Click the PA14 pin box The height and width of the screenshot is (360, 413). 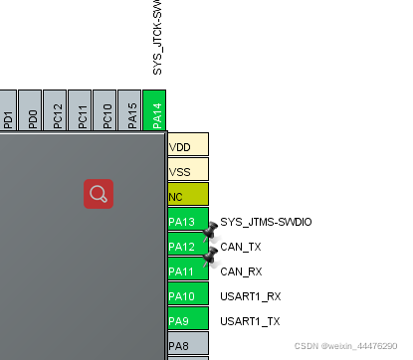(155, 110)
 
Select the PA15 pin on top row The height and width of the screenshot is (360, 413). (130, 110)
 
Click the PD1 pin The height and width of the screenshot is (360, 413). (8, 110)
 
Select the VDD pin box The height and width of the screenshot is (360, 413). (187, 145)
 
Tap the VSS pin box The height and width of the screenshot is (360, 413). (187, 170)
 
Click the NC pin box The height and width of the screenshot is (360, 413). (187, 195)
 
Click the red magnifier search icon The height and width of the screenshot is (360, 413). (98, 193)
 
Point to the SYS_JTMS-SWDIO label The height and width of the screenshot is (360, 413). (266, 221)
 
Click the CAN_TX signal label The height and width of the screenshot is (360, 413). (241, 246)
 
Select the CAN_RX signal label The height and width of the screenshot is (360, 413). (241, 270)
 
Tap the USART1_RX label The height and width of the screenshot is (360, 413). (250, 295)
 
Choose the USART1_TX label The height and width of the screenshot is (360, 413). (250, 320)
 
